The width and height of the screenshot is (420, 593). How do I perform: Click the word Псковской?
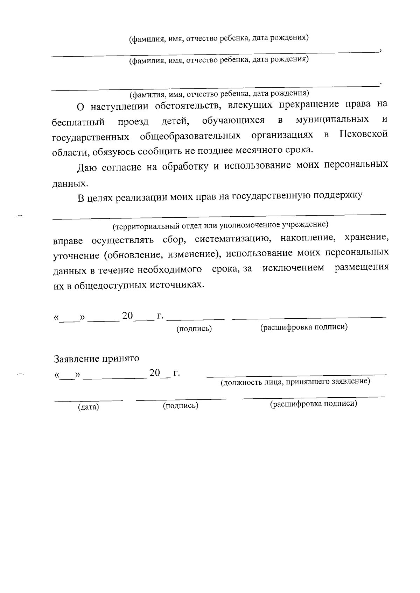coord(363,135)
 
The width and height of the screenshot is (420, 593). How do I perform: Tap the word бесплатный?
coord(78,122)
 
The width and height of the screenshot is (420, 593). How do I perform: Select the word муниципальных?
coord(332,120)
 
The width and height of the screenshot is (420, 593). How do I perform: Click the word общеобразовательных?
coord(190,136)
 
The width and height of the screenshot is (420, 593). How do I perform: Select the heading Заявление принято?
coord(96,359)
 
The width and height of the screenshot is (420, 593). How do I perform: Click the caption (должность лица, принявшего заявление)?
coord(295,382)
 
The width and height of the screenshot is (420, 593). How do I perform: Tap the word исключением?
coord(293,268)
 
